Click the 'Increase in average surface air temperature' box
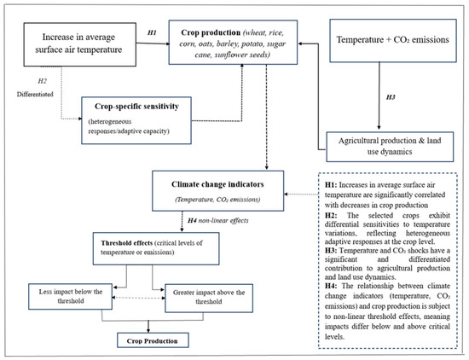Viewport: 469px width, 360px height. click(80, 44)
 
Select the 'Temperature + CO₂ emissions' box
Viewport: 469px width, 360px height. click(393, 41)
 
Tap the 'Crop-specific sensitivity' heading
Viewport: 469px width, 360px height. click(136, 107)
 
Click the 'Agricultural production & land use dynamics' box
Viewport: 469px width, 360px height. click(390, 147)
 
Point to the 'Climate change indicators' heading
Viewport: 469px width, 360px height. click(217, 184)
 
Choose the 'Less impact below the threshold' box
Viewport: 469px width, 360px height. click(70, 297)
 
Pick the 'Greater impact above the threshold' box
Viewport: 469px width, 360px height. click(209, 298)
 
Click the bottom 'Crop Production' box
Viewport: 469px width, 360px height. click(153, 340)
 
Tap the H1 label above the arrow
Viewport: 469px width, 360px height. click(152, 32)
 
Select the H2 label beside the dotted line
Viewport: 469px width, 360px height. click(42, 81)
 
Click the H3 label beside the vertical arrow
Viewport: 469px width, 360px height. click(391, 97)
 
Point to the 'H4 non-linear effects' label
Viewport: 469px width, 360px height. click(217, 221)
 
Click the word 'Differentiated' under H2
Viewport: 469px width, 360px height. click(35, 94)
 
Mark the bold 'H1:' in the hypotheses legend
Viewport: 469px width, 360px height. click(331, 185)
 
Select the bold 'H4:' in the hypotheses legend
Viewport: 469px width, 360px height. click(331, 286)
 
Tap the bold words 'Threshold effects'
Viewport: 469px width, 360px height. click(127, 243)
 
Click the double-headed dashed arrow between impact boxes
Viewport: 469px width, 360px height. click(138, 298)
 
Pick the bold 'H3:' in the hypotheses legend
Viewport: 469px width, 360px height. click(331, 251)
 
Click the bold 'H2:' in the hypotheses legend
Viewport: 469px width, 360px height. click(331, 216)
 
